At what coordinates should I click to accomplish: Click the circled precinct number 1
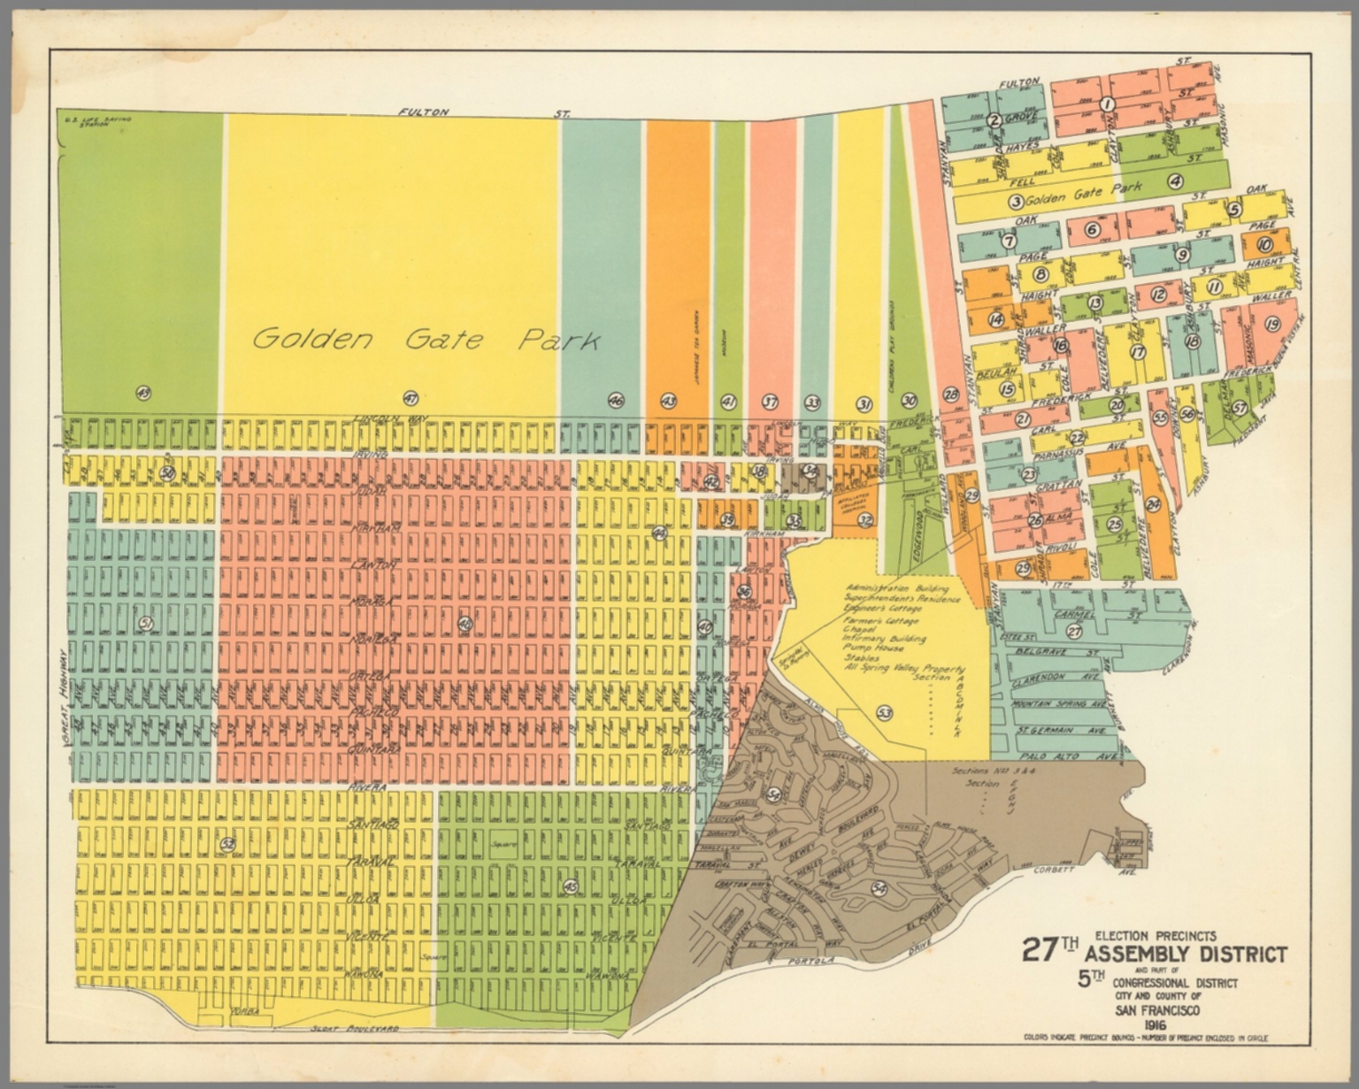click(1105, 104)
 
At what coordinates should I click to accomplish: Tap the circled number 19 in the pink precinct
click(1273, 324)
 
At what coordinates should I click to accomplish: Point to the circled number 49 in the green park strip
click(142, 393)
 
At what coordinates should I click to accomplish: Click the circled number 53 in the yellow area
click(883, 713)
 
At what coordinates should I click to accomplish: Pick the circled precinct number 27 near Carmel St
click(1074, 632)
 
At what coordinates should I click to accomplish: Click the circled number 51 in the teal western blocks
click(146, 624)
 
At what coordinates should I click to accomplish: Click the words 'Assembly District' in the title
click(1186, 955)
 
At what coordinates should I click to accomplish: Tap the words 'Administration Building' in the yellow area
click(897, 588)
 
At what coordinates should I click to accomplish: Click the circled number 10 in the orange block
click(1264, 246)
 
